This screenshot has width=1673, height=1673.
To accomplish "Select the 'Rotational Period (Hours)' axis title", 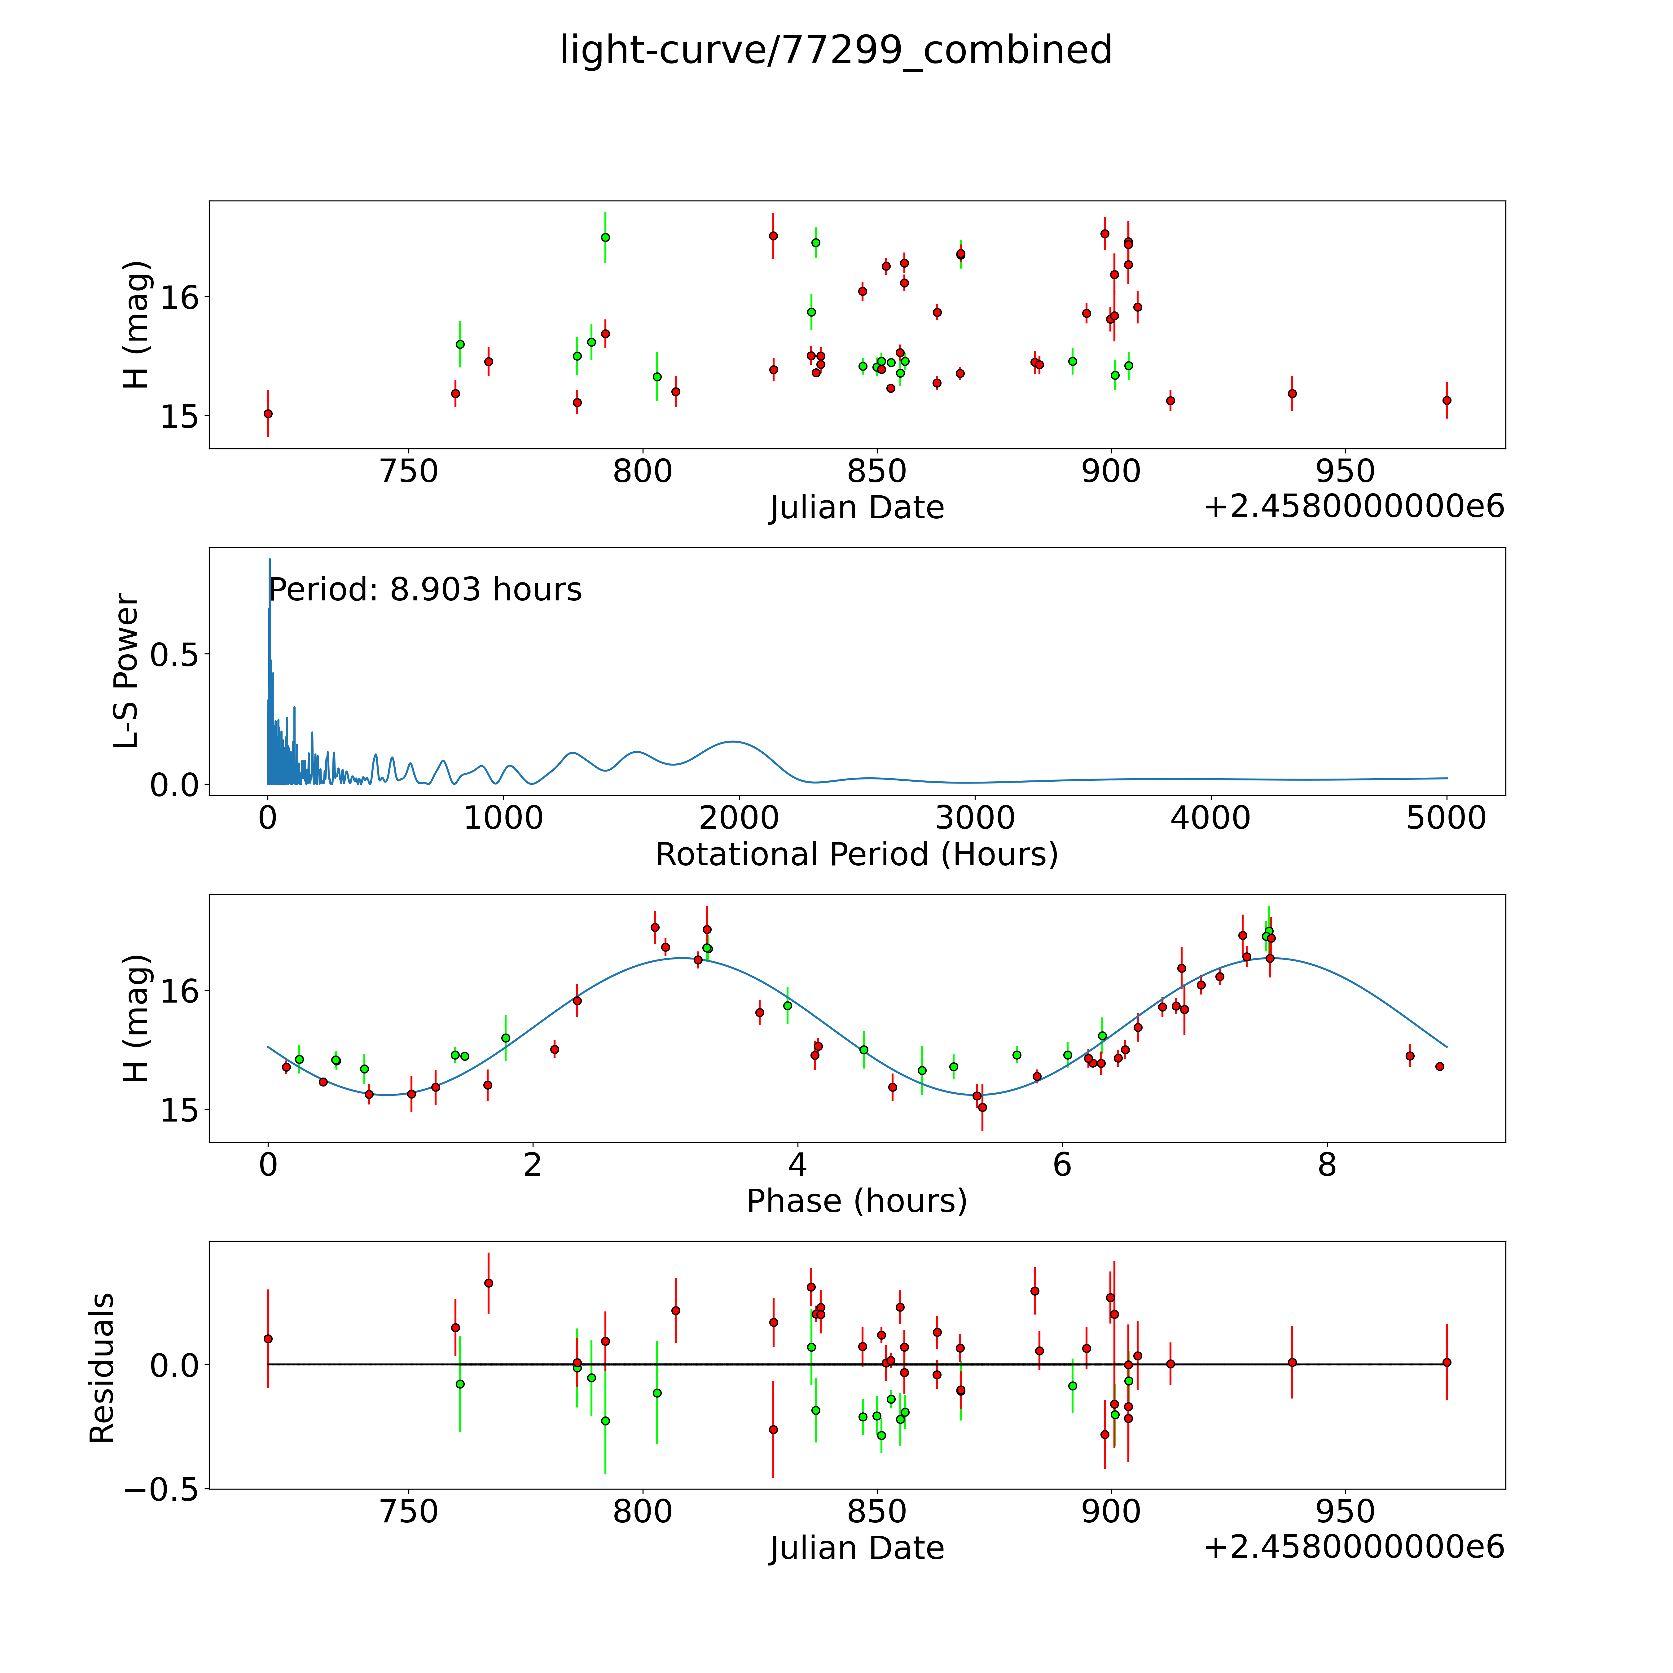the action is click(856, 855).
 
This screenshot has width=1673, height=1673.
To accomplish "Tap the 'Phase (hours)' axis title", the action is click(856, 1201).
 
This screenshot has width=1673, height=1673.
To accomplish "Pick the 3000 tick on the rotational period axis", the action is click(975, 818).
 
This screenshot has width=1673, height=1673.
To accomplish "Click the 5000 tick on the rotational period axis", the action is click(1446, 818).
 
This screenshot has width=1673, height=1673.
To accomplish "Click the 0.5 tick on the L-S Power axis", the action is click(174, 655).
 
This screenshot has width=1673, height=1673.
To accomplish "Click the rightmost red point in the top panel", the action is click(1446, 400).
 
